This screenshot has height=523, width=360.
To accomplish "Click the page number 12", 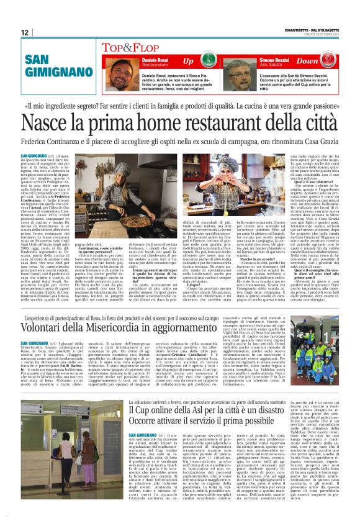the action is [25, 32].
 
